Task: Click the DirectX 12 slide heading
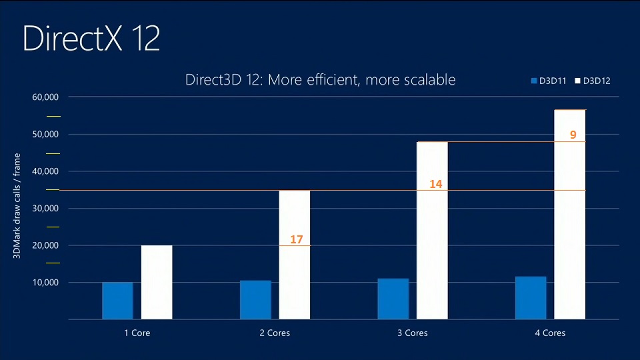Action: click(x=91, y=39)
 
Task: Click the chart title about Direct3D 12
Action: click(x=320, y=80)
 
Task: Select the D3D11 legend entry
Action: click(x=549, y=81)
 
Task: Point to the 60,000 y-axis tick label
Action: click(x=46, y=97)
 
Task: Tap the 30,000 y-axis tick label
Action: click(x=46, y=209)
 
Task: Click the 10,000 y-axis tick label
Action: click(x=46, y=283)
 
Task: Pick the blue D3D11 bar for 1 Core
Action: click(x=117, y=301)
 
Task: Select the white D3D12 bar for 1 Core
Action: click(x=157, y=282)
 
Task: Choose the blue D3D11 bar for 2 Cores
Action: click(x=255, y=299)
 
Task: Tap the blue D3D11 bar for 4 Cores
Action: click(x=531, y=298)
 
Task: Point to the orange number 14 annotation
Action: click(x=436, y=183)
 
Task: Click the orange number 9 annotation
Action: click(x=573, y=135)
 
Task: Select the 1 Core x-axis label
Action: click(x=137, y=333)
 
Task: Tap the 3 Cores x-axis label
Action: click(x=413, y=333)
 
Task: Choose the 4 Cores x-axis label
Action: click(x=550, y=333)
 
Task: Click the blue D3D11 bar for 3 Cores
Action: click(x=393, y=299)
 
